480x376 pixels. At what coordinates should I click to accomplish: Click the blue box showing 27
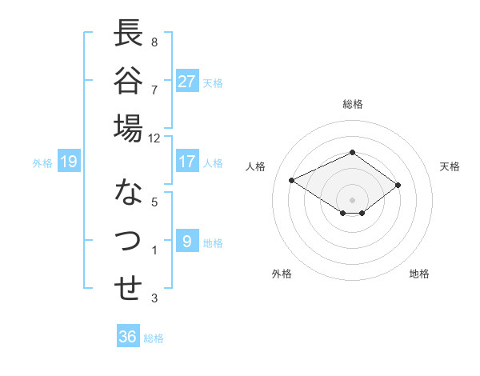(x=187, y=81)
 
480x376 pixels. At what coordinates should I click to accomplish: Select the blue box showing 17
(x=187, y=162)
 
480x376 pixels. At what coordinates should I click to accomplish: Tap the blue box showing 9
(x=187, y=241)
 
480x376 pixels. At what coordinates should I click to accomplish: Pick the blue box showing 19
(x=68, y=162)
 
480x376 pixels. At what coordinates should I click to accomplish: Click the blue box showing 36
(x=128, y=337)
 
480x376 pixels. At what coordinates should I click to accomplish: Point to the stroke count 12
(x=154, y=138)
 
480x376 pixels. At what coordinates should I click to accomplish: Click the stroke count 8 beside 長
(x=154, y=42)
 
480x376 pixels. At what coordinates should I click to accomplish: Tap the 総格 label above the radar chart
(x=352, y=104)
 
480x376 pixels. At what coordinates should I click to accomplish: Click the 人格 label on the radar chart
(x=256, y=166)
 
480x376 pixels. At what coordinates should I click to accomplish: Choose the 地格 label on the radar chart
(x=419, y=274)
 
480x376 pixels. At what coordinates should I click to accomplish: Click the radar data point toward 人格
(x=292, y=180)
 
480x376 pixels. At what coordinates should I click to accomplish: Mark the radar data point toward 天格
(x=398, y=185)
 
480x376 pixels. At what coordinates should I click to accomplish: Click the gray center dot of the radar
(x=352, y=198)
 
